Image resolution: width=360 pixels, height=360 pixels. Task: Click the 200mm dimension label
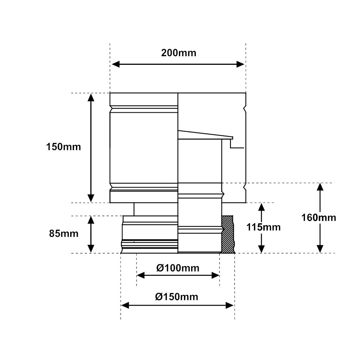pyautogui.click(x=179, y=53)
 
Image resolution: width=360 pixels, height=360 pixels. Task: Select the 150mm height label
pyautogui.click(x=64, y=147)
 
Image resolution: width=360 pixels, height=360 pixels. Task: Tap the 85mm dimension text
pyautogui.click(x=64, y=234)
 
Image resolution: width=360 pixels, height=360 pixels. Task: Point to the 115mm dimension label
pyautogui.click(x=263, y=227)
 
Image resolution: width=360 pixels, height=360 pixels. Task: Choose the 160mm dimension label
pyautogui.click(x=319, y=217)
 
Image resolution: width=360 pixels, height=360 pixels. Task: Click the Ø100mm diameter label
pyautogui.click(x=178, y=268)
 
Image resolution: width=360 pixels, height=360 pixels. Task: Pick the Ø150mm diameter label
pyautogui.click(x=177, y=297)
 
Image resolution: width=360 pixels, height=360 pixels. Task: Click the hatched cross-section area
pyautogui.click(x=228, y=234)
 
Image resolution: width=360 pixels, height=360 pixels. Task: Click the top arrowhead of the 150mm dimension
pyautogui.click(x=91, y=97)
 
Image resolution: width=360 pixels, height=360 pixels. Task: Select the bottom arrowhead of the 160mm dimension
pyautogui.click(x=320, y=249)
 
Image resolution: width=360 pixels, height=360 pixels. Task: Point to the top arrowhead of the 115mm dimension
pyautogui.click(x=262, y=207)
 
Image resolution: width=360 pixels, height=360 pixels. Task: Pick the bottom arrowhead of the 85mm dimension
pyautogui.click(x=91, y=249)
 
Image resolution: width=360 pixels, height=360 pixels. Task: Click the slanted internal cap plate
pyautogui.click(x=205, y=135)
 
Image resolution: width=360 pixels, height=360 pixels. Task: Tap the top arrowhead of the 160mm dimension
pyautogui.click(x=320, y=187)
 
